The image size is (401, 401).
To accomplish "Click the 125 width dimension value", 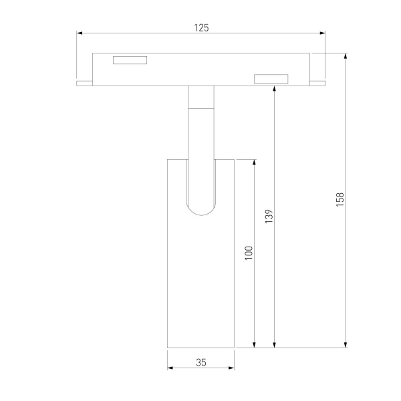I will click(x=201, y=27).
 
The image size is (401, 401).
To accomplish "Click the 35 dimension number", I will click(x=201, y=362).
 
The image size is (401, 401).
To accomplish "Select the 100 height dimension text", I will click(x=249, y=253).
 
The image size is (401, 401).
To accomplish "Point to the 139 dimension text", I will click(x=269, y=217).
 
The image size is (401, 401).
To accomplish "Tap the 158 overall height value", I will click(x=340, y=200).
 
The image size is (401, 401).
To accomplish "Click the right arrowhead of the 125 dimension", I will click(x=322, y=32).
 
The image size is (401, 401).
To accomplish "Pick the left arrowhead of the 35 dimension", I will click(x=170, y=368).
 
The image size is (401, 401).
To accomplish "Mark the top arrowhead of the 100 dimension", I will click(x=254, y=163).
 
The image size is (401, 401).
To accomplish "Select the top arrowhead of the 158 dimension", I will click(x=346, y=56).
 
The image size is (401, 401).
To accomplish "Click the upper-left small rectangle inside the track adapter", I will click(x=129, y=60).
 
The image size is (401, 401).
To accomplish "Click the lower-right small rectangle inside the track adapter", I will click(x=271, y=80).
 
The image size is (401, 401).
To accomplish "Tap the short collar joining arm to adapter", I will click(x=201, y=97).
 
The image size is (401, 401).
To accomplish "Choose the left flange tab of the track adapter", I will click(x=84, y=84).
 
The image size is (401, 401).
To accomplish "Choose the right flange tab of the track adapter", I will click(x=318, y=84).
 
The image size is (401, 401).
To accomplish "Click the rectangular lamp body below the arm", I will click(x=200, y=281).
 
